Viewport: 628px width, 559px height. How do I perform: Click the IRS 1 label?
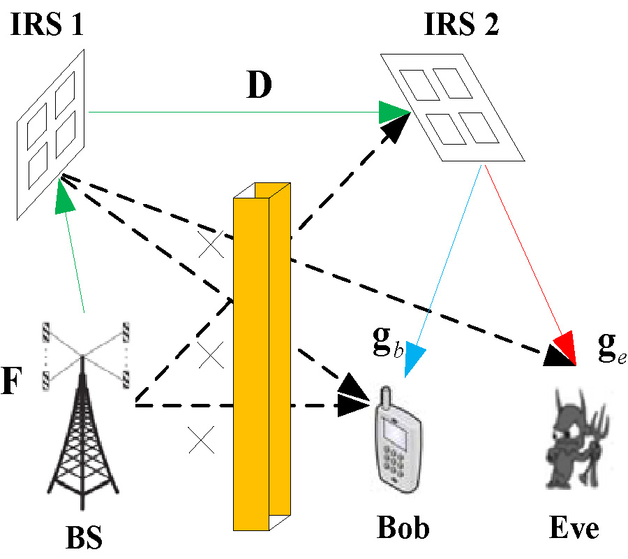47,26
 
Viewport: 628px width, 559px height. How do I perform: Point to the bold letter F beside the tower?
13,385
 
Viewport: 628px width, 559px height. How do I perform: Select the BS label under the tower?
84,537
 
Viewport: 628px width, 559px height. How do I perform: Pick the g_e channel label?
611,347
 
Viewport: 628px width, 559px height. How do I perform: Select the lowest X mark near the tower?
201,440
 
